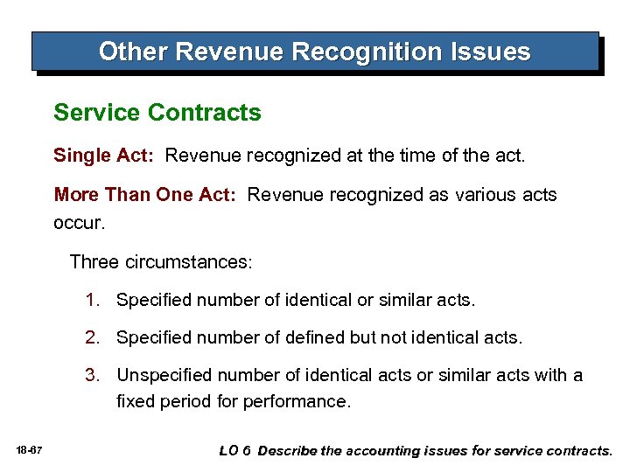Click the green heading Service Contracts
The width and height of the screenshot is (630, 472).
(x=157, y=113)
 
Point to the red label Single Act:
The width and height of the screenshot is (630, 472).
(x=104, y=156)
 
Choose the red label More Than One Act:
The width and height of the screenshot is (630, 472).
(x=145, y=194)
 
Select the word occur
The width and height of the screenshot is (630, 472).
(x=79, y=222)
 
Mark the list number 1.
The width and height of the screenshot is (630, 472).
(x=92, y=300)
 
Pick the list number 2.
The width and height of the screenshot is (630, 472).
(x=92, y=337)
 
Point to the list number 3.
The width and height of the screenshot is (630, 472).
(x=92, y=375)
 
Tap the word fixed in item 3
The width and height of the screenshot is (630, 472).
(x=136, y=401)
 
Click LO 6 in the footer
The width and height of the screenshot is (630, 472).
(x=234, y=450)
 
